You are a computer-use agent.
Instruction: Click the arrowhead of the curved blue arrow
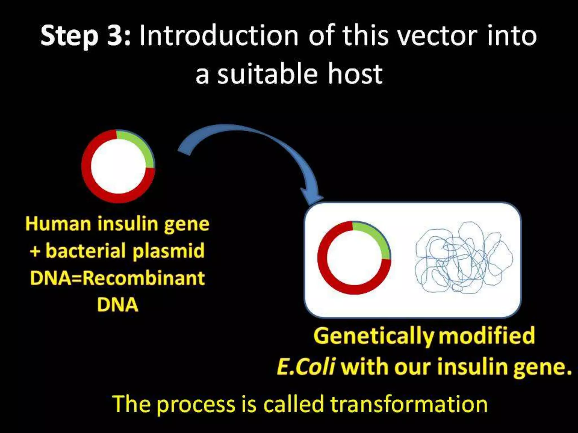[x=312, y=196]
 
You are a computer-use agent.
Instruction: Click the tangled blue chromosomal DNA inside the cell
[x=463, y=258]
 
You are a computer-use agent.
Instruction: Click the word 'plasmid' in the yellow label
[x=168, y=251]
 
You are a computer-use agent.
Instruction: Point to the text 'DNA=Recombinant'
[x=117, y=278]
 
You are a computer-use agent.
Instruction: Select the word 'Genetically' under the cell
[x=374, y=336]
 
